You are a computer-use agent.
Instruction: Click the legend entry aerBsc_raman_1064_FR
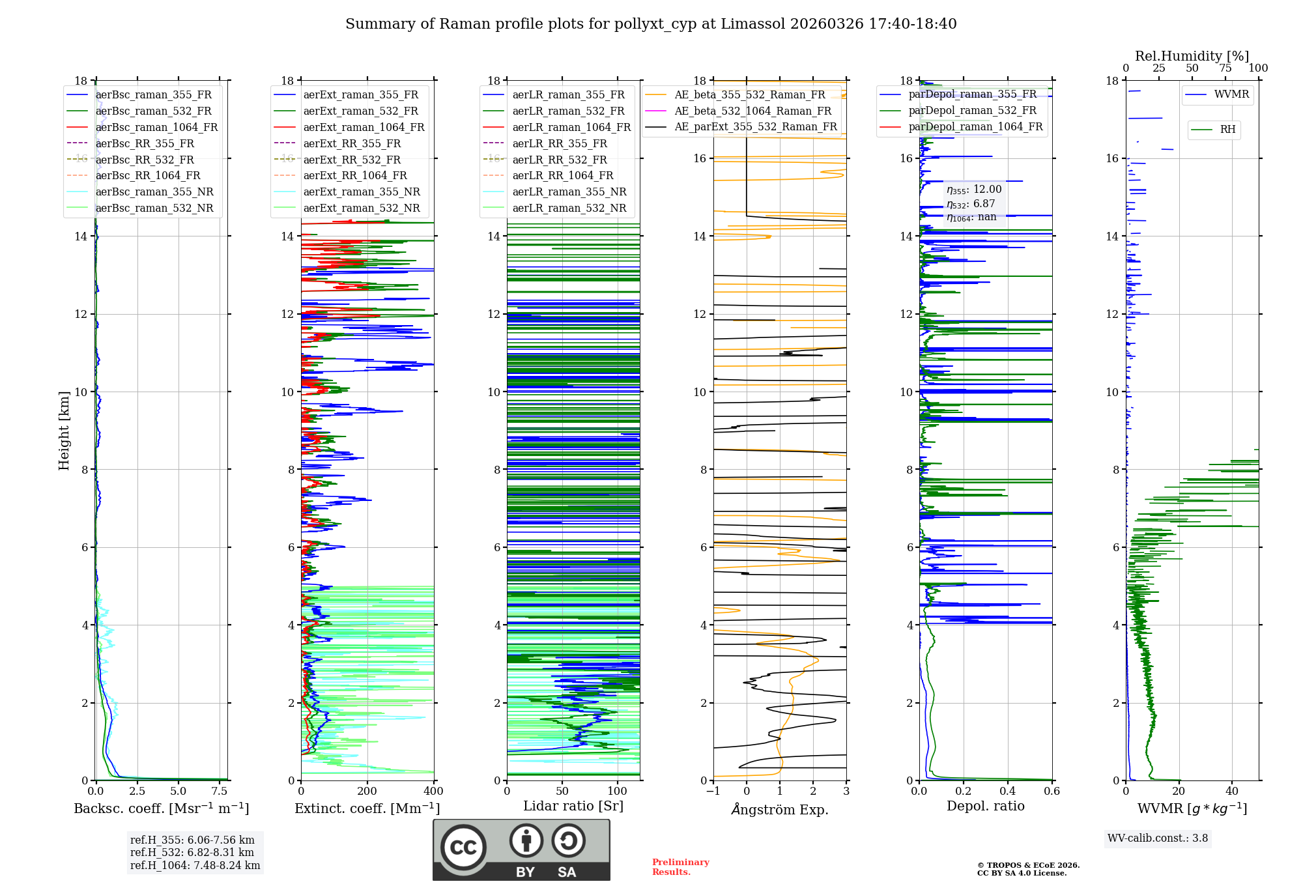tap(156, 128)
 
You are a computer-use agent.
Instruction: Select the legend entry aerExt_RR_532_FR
tap(352, 160)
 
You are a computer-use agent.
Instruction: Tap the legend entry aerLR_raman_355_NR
tap(569, 192)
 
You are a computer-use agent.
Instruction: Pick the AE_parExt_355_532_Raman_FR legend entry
tap(755, 127)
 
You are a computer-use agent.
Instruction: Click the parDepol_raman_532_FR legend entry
tap(972, 111)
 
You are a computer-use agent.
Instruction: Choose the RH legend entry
tap(1227, 130)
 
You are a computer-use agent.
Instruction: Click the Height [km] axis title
tap(64, 430)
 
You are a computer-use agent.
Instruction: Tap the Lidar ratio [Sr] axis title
tap(573, 806)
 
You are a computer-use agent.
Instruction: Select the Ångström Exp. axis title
tap(780, 810)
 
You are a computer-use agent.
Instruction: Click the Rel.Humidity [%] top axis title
tap(1192, 56)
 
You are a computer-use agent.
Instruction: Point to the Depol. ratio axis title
tap(985, 806)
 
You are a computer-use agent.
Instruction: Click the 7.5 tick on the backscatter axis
tap(220, 792)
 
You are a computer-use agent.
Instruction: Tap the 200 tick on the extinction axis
tap(367, 792)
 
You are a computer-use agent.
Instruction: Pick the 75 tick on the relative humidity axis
tap(1225, 68)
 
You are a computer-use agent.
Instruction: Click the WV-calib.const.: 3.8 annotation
tap(1158, 838)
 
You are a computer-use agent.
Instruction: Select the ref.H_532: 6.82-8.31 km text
tap(192, 853)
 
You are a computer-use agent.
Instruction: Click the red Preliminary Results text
tap(680, 867)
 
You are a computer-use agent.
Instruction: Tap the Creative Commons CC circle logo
tap(463, 848)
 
